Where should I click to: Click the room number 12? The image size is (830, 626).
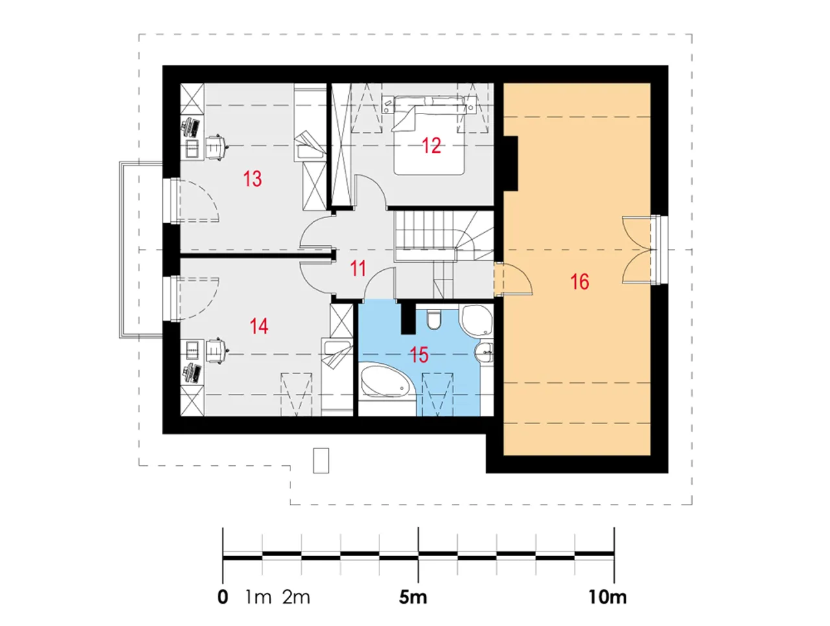click(431, 145)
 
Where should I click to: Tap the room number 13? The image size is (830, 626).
click(252, 179)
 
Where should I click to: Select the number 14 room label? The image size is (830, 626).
click(259, 326)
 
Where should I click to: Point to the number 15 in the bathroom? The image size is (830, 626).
click(419, 355)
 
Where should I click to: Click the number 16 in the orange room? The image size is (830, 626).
click(579, 282)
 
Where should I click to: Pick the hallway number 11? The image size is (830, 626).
click(358, 269)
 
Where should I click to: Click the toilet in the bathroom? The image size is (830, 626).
click(433, 320)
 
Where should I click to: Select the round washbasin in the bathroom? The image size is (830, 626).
click(484, 352)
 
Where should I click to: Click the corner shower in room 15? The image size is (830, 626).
click(477, 320)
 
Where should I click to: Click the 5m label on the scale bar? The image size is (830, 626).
click(413, 597)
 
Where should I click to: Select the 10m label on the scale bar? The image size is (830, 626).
click(608, 597)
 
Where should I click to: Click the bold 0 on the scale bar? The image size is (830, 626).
click(222, 597)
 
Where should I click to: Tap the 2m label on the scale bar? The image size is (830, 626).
click(296, 597)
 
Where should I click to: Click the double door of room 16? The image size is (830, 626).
click(639, 250)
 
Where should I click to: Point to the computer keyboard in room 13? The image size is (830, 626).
click(195, 127)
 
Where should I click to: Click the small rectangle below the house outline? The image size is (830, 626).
click(321, 461)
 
